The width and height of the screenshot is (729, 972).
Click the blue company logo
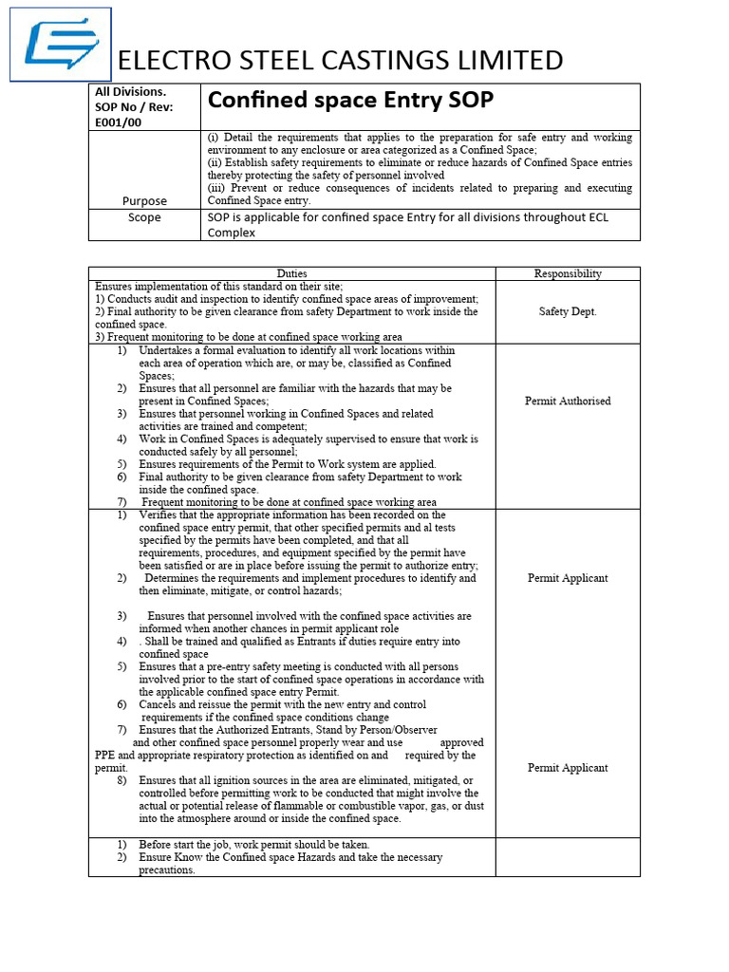tap(60, 45)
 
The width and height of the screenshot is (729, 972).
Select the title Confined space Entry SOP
tap(350, 101)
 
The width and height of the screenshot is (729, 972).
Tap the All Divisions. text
tap(130, 92)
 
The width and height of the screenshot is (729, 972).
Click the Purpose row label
tap(144, 200)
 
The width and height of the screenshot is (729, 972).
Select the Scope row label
tap(144, 217)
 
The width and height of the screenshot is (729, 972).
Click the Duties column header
tap(291, 273)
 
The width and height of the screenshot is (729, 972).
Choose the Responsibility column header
tap(568, 273)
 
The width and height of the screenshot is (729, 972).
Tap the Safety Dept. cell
tap(568, 311)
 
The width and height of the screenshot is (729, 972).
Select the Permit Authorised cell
tap(568, 401)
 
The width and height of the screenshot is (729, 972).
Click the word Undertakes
tap(169, 350)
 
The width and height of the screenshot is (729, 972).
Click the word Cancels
tap(160, 704)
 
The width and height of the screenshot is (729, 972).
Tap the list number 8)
tap(122, 780)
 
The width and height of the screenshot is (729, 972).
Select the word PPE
tap(105, 756)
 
